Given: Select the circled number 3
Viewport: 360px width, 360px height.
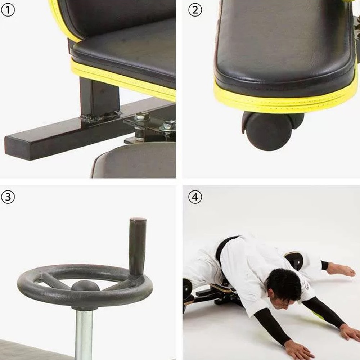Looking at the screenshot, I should [8, 197].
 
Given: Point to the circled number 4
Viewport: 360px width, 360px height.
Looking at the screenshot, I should [195, 197].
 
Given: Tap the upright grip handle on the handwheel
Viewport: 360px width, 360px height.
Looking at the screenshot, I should [138, 245].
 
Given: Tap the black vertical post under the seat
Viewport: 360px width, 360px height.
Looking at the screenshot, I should [99, 95].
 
